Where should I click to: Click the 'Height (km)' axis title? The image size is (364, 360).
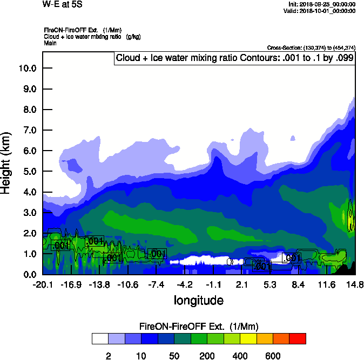click(x=8, y=162)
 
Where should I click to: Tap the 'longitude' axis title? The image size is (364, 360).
click(x=198, y=300)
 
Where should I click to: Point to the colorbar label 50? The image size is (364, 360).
click(x=174, y=356)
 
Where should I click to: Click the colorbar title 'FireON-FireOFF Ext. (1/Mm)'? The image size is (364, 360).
click(x=199, y=327)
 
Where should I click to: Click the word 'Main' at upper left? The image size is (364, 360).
click(x=50, y=43)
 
